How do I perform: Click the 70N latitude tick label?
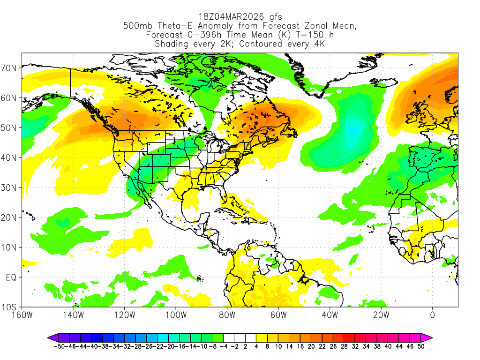click(x=10, y=68)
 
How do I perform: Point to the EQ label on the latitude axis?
click(x=11, y=277)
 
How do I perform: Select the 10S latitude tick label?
click(x=10, y=307)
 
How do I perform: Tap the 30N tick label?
click(x=10, y=187)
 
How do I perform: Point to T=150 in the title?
click(x=308, y=35)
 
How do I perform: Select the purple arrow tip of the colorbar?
click(x=50, y=337)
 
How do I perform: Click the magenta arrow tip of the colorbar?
click(x=429, y=337)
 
